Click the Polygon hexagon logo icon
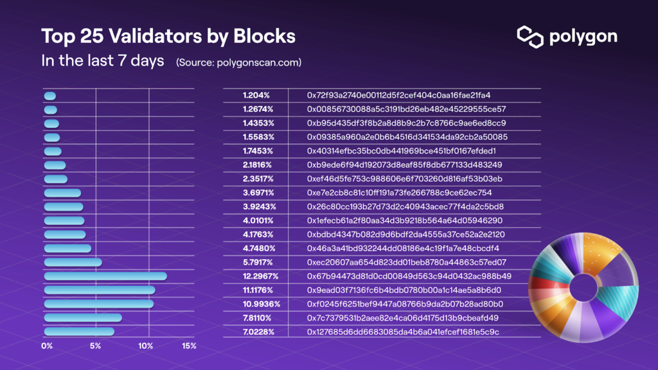click(531, 37)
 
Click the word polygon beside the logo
click(583, 37)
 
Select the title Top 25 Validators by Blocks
click(168, 36)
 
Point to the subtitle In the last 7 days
click(102, 62)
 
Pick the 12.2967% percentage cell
click(260, 276)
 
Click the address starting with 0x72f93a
click(399, 95)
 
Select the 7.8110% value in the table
click(258, 318)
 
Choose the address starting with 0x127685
click(403, 332)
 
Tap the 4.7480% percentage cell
click(259, 249)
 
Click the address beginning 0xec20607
click(407, 262)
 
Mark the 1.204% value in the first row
click(256, 95)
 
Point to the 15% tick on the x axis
click(189, 346)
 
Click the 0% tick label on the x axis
click(47, 346)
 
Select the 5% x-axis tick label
click(95, 346)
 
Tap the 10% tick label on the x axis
click(146, 346)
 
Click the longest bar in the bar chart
click(105, 276)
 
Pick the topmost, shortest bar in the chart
click(50, 96)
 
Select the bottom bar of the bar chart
click(79, 331)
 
